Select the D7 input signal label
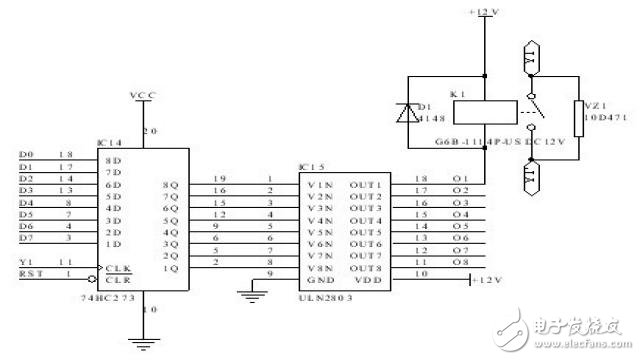point(27,237)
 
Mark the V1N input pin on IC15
point(319,185)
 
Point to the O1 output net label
point(459,185)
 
